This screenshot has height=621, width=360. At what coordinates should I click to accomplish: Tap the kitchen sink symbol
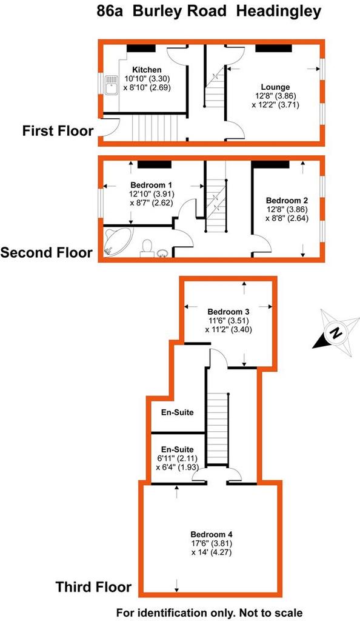(111, 85)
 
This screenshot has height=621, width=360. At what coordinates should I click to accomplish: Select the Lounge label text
(275, 87)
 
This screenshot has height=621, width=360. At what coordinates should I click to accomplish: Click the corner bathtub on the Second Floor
(118, 240)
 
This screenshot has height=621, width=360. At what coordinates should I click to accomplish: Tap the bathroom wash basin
(163, 253)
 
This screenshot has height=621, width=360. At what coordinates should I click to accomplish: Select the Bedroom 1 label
(151, 185)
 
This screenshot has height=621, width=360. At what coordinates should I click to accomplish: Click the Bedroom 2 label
(287, 201)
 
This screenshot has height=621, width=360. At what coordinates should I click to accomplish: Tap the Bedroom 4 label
(211, 534)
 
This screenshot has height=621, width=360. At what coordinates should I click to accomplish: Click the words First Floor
(58, 131)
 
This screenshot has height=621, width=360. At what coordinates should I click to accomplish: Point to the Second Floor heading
(47, 252)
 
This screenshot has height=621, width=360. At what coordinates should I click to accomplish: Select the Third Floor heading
(93, 586)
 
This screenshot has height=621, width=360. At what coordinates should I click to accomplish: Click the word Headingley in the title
(279, 12)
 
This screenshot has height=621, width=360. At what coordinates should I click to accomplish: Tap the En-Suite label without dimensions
(177, 412)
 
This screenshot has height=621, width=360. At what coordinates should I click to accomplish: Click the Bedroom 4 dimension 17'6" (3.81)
(211, 543)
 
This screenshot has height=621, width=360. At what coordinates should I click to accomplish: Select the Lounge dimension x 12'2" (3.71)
(275, 105)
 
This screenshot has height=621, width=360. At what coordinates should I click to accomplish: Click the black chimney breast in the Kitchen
(141, 49)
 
